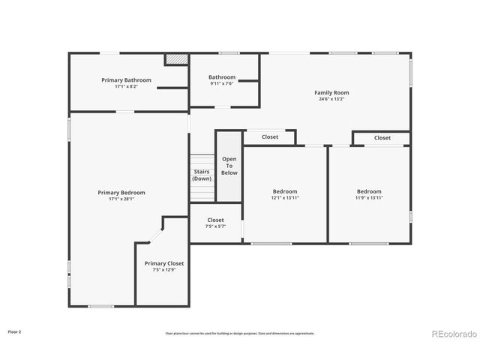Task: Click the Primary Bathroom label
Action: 127,80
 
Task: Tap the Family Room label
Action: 331,93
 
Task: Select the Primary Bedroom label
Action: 121,193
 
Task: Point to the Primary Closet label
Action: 164,263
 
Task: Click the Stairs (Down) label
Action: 202,175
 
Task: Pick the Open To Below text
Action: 229,166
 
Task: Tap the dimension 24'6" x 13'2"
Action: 331,99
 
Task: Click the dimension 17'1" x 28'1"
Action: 121,199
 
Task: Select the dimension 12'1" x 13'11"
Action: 285,198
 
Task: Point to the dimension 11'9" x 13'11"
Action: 369,198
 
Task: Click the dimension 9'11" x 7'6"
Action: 222,83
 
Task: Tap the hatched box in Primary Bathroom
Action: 176,59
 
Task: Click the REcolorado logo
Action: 453,334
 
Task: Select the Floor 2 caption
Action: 15,331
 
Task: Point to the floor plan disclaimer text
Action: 240,333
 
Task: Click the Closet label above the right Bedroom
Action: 382,138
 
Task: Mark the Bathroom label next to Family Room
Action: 222,76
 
